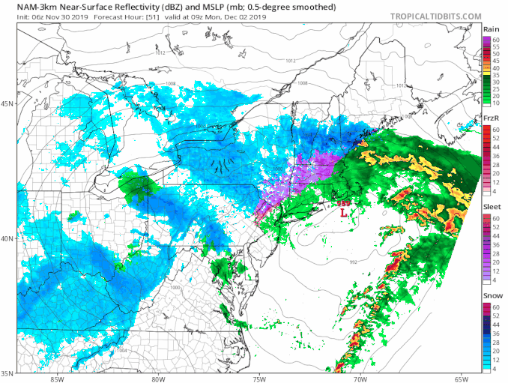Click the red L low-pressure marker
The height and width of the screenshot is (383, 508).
click(343, 213)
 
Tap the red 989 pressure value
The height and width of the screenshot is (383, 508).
click(342, 202)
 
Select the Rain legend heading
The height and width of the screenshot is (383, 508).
click(492, 30)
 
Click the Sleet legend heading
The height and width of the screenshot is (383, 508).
click(492, 208)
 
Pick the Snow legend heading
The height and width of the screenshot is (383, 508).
click(492, 297)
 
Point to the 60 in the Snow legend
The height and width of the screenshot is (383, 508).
click(496, 307)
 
